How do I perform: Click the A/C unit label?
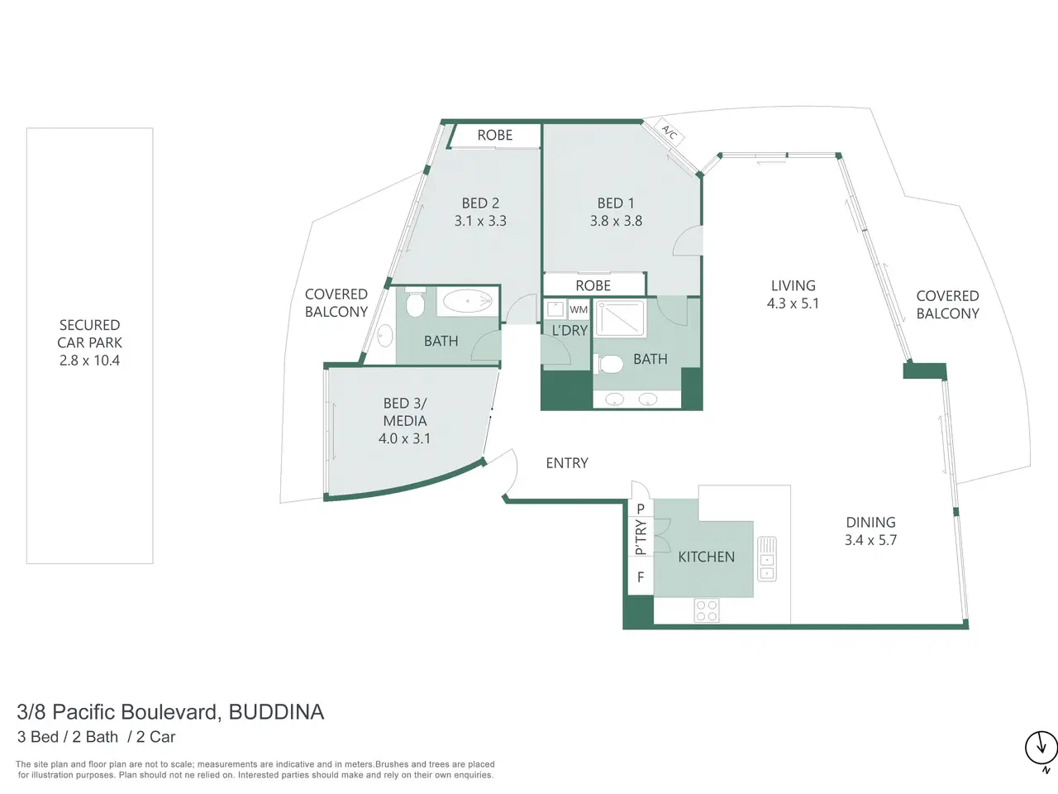coord(670,132)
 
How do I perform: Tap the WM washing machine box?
coord(579,309)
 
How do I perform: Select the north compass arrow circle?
coord(1041,761)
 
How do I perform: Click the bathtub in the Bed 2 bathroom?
coord(468,302)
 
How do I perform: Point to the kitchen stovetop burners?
coord(707,610)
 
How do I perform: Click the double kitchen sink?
coord(767,559)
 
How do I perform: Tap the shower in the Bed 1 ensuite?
coord(620,318)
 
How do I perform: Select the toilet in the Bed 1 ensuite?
coord(609,364)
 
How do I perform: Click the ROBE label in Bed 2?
coord(495,135)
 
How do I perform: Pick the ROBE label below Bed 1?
coord(593,285)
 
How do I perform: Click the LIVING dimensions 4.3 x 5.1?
coord(793,304)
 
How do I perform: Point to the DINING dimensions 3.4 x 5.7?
coord(870,540)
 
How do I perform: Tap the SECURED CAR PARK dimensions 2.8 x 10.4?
coord(89,360)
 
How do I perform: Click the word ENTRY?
coord(567,463)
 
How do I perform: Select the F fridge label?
coord(641,576)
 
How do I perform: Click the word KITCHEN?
coord(706,557)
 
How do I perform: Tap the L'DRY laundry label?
coord(570,330)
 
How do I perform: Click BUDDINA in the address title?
coord(276,712)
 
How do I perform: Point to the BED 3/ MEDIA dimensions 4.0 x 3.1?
coord(404,438)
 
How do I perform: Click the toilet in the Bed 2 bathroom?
coord(415,303)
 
